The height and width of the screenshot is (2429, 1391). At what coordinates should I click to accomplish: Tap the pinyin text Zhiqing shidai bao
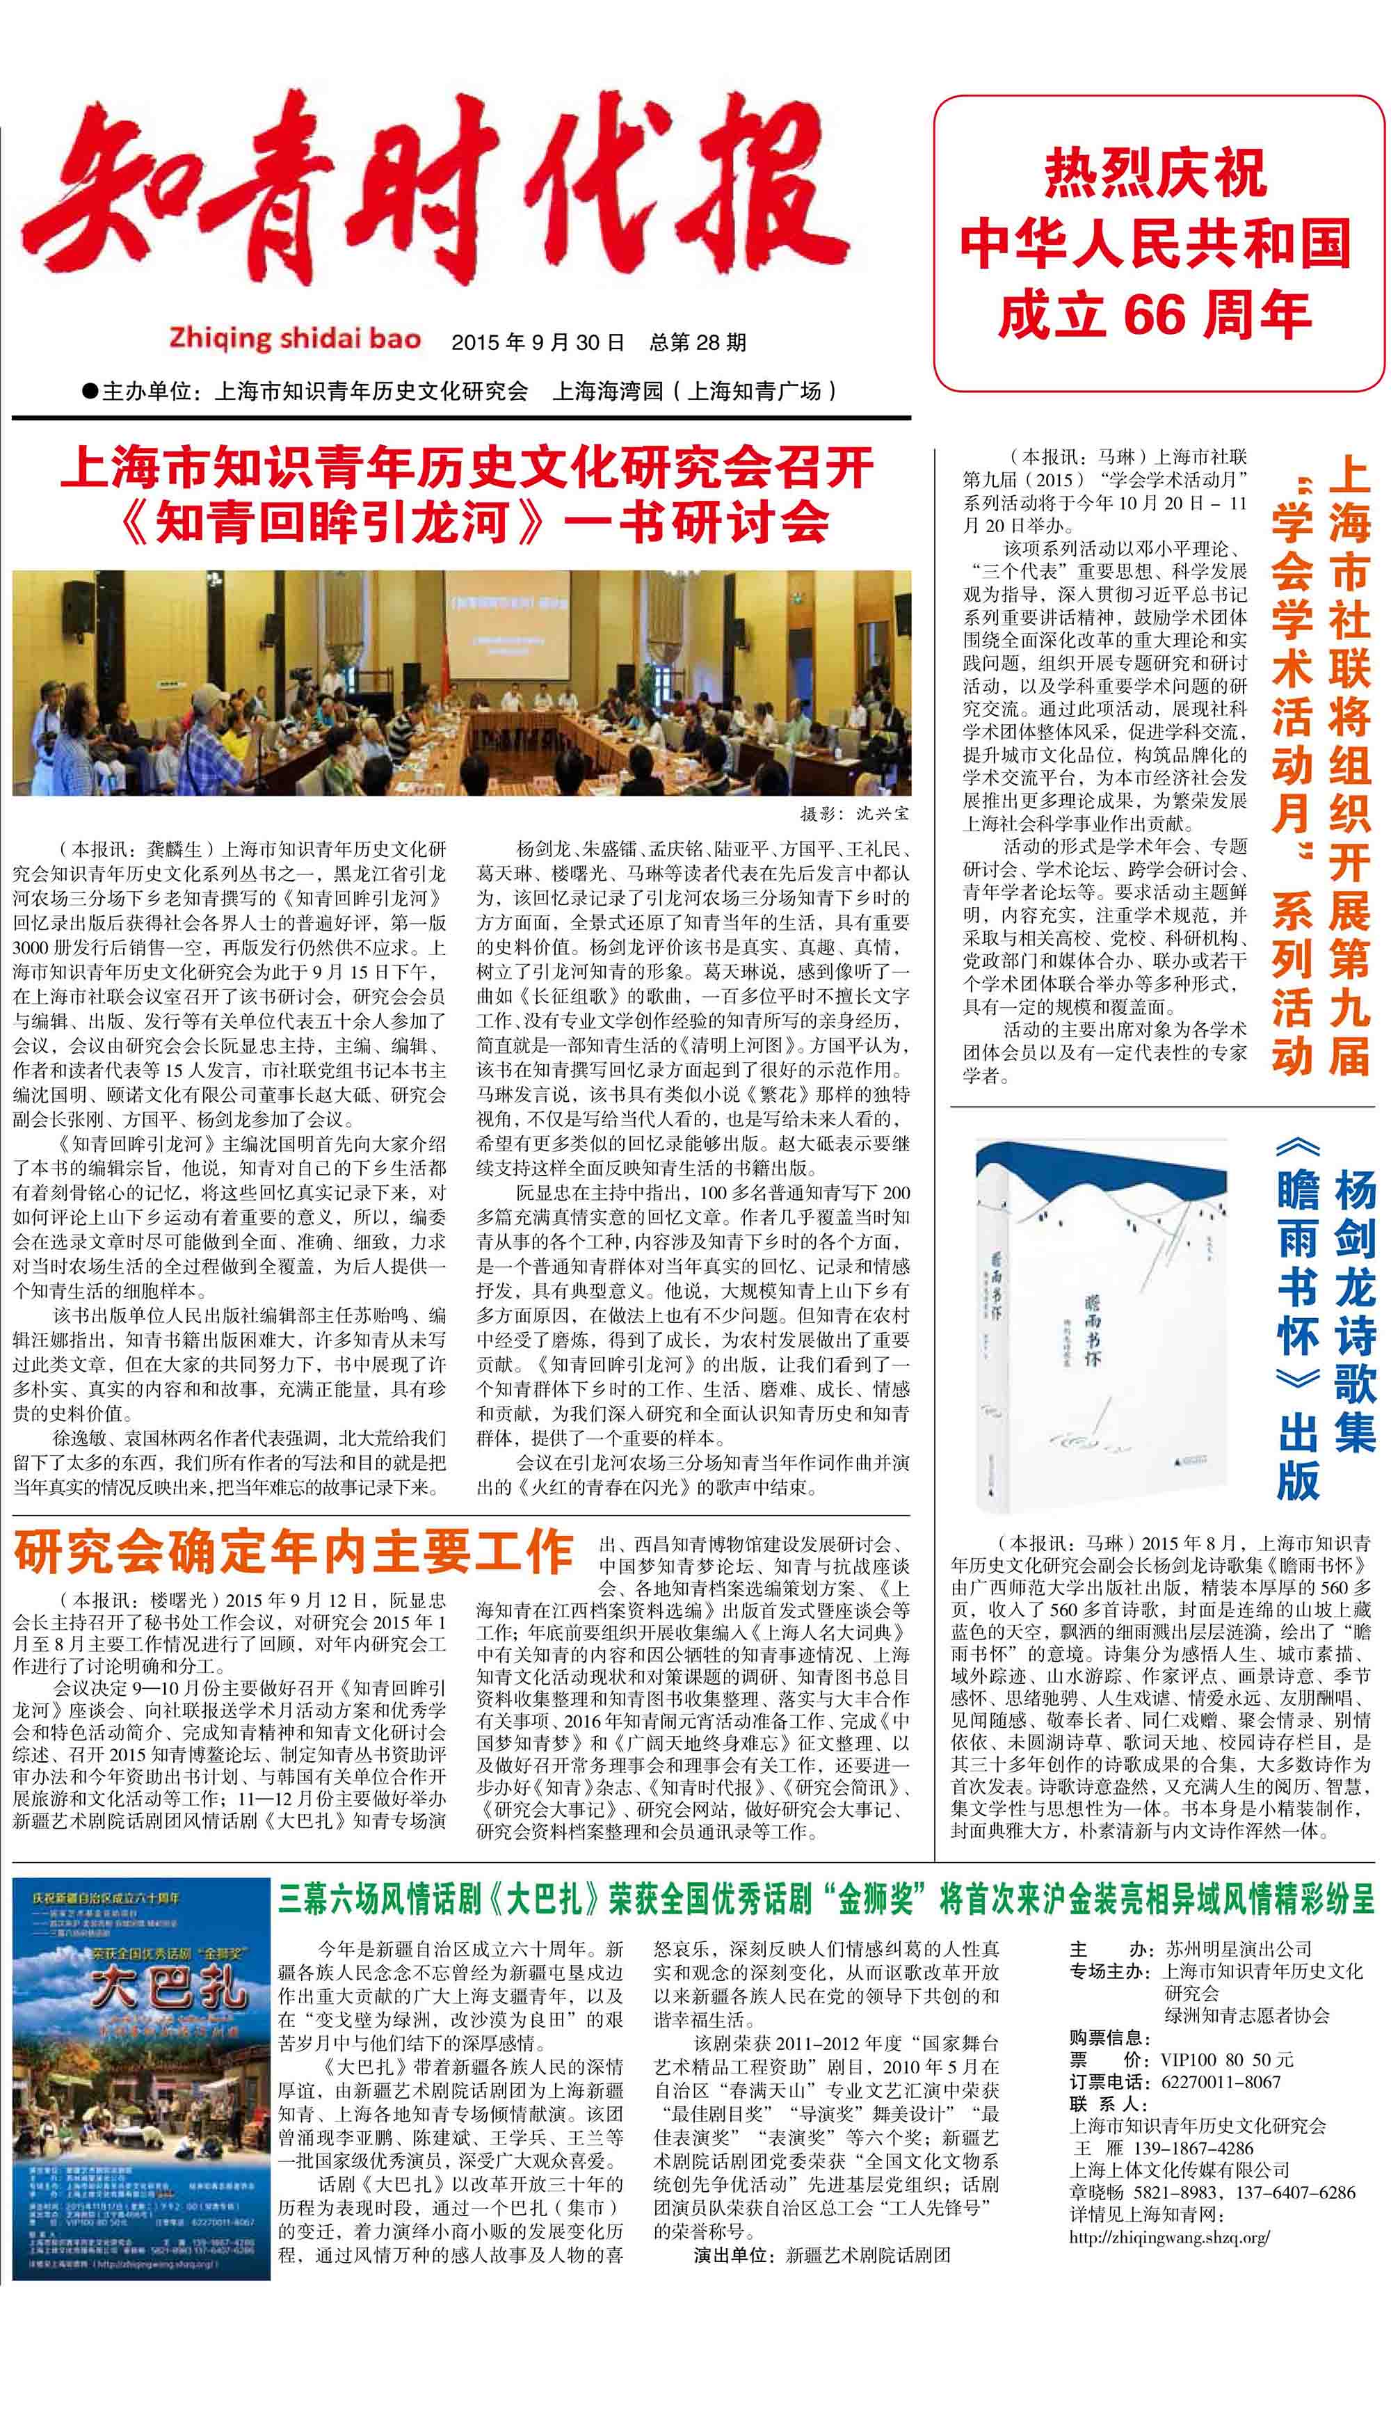(x=294, y=338)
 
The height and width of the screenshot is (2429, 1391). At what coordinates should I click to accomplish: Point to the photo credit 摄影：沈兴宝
(x=855, y=814)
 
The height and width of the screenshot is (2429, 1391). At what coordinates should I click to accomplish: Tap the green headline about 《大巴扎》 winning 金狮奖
(x=826, y=1899)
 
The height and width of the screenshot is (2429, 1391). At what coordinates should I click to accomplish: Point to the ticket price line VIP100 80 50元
(x=1227, y=2060)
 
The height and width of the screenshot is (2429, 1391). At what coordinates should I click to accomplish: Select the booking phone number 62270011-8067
(x=1220, y=2083)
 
